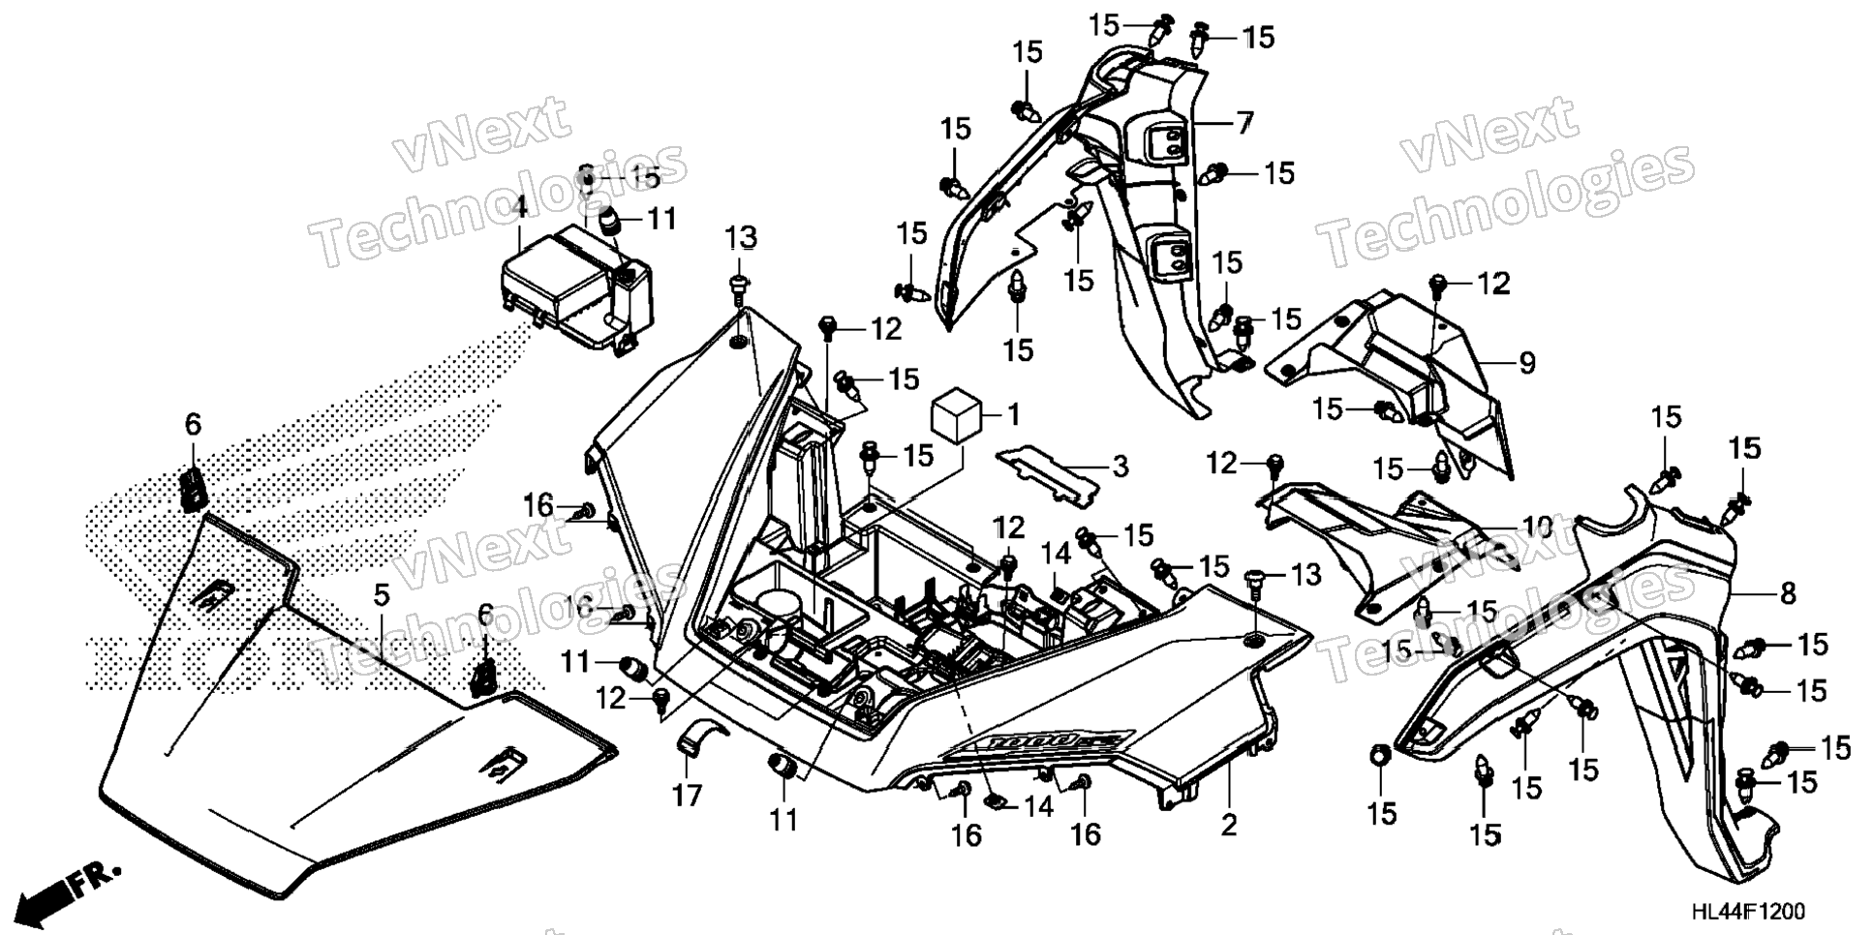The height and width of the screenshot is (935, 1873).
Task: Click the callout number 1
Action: point(1013,415)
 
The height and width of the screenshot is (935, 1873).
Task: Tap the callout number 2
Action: point(1228,825)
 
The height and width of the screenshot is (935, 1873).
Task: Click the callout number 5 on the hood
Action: point(382,596)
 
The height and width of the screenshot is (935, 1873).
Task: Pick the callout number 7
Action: point(1244,123)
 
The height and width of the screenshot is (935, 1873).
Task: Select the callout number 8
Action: point(1787,592)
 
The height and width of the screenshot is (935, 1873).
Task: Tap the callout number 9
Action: point(1526,363)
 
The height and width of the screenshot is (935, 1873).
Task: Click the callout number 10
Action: point(1536,528)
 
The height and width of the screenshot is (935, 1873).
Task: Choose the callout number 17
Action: point(687,796)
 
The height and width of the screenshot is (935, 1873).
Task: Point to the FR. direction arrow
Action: point(68,885)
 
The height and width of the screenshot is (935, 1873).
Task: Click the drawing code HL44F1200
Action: point(1748,912)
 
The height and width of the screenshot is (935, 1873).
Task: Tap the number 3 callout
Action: point(1120,467)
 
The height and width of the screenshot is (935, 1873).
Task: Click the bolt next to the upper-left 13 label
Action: point(740,283)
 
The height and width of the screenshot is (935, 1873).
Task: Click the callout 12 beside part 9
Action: point(1492,284)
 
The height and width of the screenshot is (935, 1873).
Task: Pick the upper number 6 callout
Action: point(193,424)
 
